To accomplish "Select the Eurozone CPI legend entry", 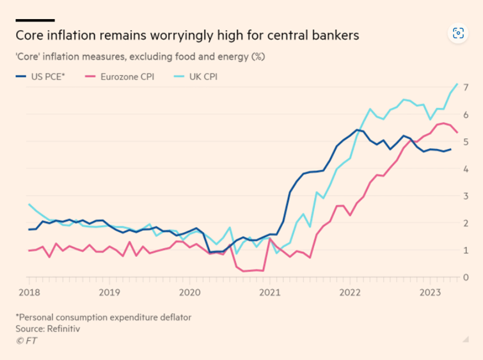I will [x=128, y=77].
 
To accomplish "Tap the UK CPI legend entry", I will [x=204, y=77].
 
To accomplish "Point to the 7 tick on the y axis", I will [x=466, y=87].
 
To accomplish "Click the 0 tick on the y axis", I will [x=466, y=278].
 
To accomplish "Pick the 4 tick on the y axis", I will [x=466, y=169].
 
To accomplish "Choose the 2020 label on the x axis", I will [x=190, y=292].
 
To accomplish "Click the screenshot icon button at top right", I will [x=457, y=33].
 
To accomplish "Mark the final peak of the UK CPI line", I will [x=457, y=84].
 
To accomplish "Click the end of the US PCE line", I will [x=452, y=150].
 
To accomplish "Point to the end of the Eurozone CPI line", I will [x=457, y=132].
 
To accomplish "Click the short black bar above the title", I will [x=35, y=20].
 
